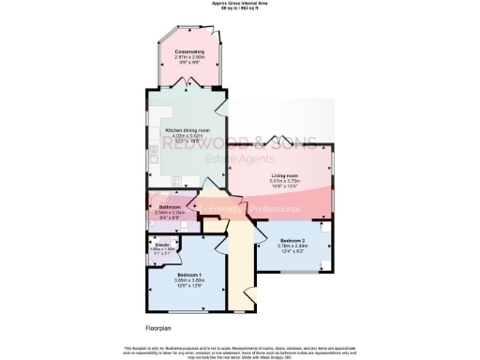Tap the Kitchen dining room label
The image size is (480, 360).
(x=187, y=130)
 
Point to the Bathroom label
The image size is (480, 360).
(x=170, y=207)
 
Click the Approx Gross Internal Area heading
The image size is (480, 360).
(x=240, y=5)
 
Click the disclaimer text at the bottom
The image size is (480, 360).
(x=240, y=351)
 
